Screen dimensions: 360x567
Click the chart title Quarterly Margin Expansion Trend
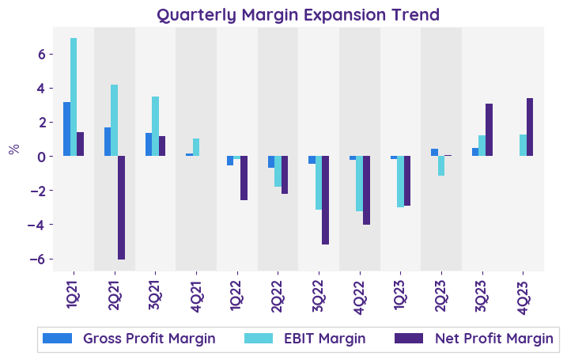click(297, 15)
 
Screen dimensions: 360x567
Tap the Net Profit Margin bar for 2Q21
click(121, 207)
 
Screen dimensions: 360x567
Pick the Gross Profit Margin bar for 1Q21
click(67, 129)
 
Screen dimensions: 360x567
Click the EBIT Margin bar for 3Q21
click(155, 126)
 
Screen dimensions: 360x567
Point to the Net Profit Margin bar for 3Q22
click(325, 200)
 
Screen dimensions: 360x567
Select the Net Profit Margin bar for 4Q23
click(529, 127)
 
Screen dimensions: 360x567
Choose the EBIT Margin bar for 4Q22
click(359, 184)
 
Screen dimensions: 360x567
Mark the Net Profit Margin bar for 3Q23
click(489, 130)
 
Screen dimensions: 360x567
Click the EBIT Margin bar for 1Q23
click(400, 181)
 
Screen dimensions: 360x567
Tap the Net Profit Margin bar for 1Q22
click(244, 178)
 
